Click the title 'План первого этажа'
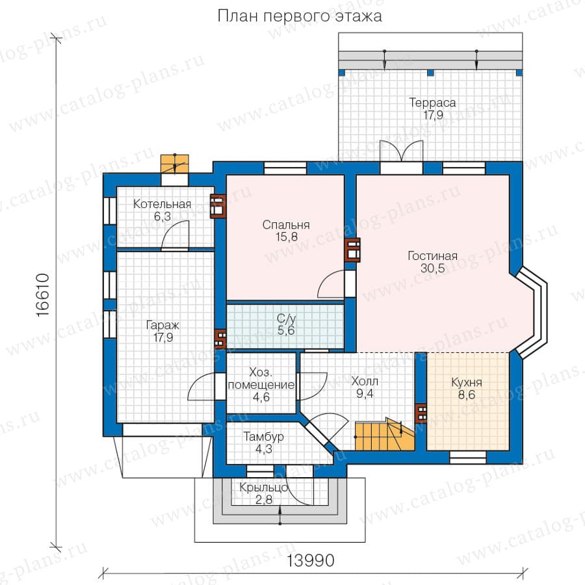[300, 16]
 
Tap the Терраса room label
[432, 103]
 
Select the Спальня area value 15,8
[287, 237]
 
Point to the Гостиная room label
[432, 256]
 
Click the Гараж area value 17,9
[163, 337]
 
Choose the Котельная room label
[162, 204]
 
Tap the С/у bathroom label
[286, 318]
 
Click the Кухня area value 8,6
[467, 395]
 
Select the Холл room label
[365, 382]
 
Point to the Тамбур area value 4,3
[264, 449]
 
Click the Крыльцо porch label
[264, 487]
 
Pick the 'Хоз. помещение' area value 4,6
[261, 397]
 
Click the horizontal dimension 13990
[311, 560]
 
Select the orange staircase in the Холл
[385, 435]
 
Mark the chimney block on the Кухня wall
[421, 413]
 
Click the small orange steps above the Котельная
[175, 164]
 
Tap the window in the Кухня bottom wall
[468, 458]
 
